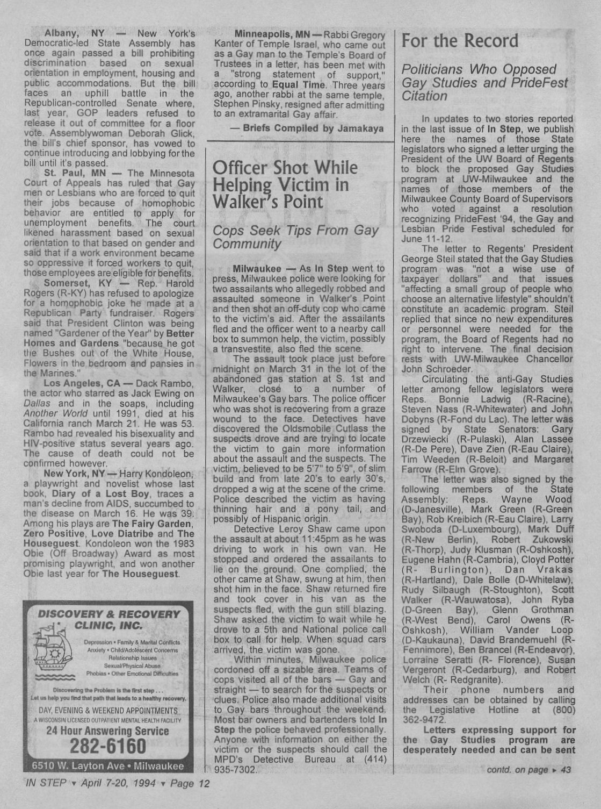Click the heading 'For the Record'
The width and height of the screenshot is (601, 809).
[460, 41]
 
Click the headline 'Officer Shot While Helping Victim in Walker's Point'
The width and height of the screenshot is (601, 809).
[285, 184]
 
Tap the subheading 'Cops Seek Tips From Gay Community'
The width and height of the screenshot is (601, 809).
[295, 237]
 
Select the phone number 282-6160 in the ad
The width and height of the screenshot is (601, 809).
[107, 746]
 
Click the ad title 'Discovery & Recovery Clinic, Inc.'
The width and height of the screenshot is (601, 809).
[108, 619]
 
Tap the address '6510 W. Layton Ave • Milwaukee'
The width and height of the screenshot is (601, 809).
[107, 766]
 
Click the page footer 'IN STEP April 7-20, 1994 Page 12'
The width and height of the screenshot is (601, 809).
[116, 783]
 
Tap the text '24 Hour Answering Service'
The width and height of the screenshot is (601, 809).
[107, 731]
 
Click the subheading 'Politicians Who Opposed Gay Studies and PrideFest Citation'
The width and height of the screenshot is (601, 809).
[484, 83]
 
